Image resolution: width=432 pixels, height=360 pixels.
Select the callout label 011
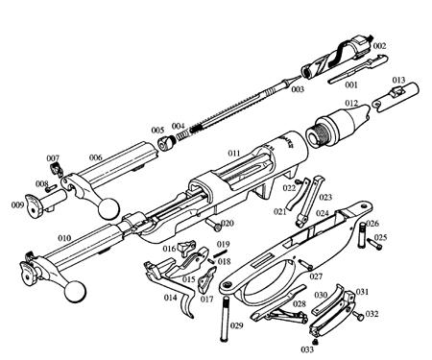[232, 153]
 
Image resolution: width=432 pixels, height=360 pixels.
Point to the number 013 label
[398, 80]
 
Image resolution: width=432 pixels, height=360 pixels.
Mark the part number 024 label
[323, 213]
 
